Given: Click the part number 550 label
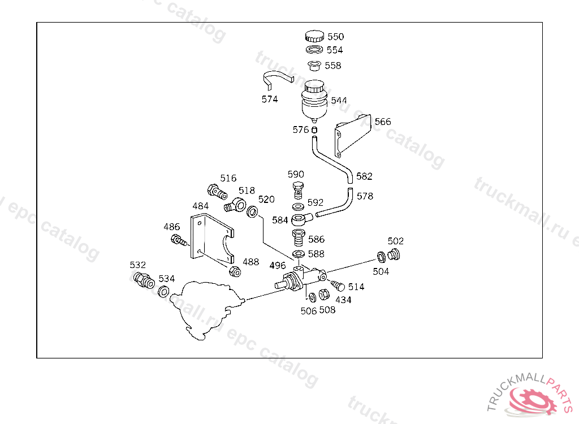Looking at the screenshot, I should [335, 37].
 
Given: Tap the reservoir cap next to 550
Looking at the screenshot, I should [314, 37].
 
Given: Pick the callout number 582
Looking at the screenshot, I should [364, 176].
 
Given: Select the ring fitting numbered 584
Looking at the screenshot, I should [300, 219].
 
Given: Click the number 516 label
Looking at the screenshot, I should [228, 179].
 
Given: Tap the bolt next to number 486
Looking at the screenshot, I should [178, 241].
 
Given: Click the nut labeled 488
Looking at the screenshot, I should [235, 271].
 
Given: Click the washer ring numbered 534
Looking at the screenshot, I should [163, 292].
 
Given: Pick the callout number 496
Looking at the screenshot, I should [278, 266].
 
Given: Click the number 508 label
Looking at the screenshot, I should [327, 310].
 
